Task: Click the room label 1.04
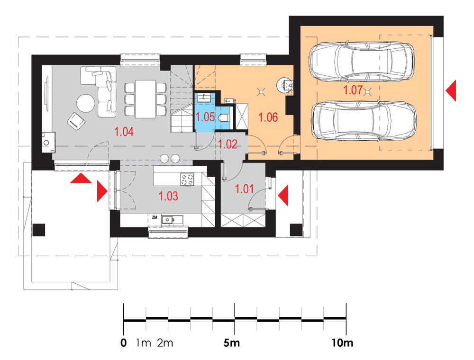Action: point(124,132)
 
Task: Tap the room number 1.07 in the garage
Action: point(353,90)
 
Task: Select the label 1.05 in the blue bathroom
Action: point(205,117)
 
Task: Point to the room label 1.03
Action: point(168,196)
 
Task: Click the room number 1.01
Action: point(244,189)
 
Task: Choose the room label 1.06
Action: point(268,117)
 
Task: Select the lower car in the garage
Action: point(364,121)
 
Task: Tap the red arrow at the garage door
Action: point(451,90)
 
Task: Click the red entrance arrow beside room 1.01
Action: point(283,196)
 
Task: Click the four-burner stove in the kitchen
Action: point(187,179)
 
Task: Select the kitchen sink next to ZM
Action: point(172,220)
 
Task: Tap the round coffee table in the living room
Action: point(86,103)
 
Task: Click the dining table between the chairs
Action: point(146,99)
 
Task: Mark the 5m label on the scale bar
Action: point(232,343)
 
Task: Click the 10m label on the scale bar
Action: point(342,343)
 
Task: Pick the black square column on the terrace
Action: point(39,230)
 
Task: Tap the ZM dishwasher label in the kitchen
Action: point(155,217)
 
